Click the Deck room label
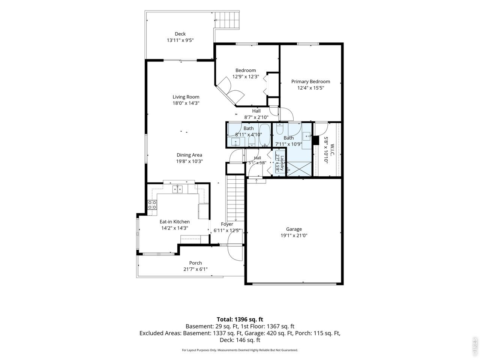[x=180, y=34]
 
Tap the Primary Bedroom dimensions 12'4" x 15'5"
[x=310, y=88]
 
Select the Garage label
[x=294, y=229]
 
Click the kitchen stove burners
[x=152, y=205]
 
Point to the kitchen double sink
[x=177, y=189]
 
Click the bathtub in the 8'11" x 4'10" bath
[x=265, y=135]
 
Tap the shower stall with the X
[x=299, y=169]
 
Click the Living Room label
[x=186, y=97]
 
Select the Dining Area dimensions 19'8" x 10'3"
[x=189, y=161]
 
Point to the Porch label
[x=195, y=263]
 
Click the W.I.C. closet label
[x=332, y=150]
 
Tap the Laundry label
[x=282, y=163]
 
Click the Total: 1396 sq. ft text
[x=240, y=319]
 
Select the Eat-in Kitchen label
[x=174, y=222]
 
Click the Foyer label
[x=227, y=224]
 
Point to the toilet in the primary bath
[x=280, y=129]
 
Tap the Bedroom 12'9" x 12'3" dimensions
[x=246, y=76]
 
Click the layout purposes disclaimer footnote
[x=240, y=350]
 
